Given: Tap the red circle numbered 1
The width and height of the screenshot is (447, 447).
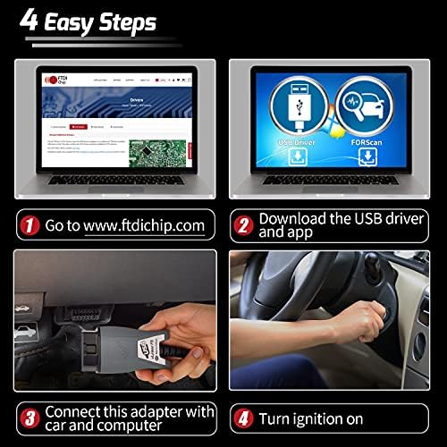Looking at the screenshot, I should (30, 224).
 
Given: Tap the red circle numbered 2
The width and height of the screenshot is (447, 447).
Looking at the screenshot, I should (241, 223).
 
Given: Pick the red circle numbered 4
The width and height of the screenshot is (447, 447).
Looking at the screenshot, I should (241, 417).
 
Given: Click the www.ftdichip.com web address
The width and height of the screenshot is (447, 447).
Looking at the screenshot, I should (144, 224).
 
